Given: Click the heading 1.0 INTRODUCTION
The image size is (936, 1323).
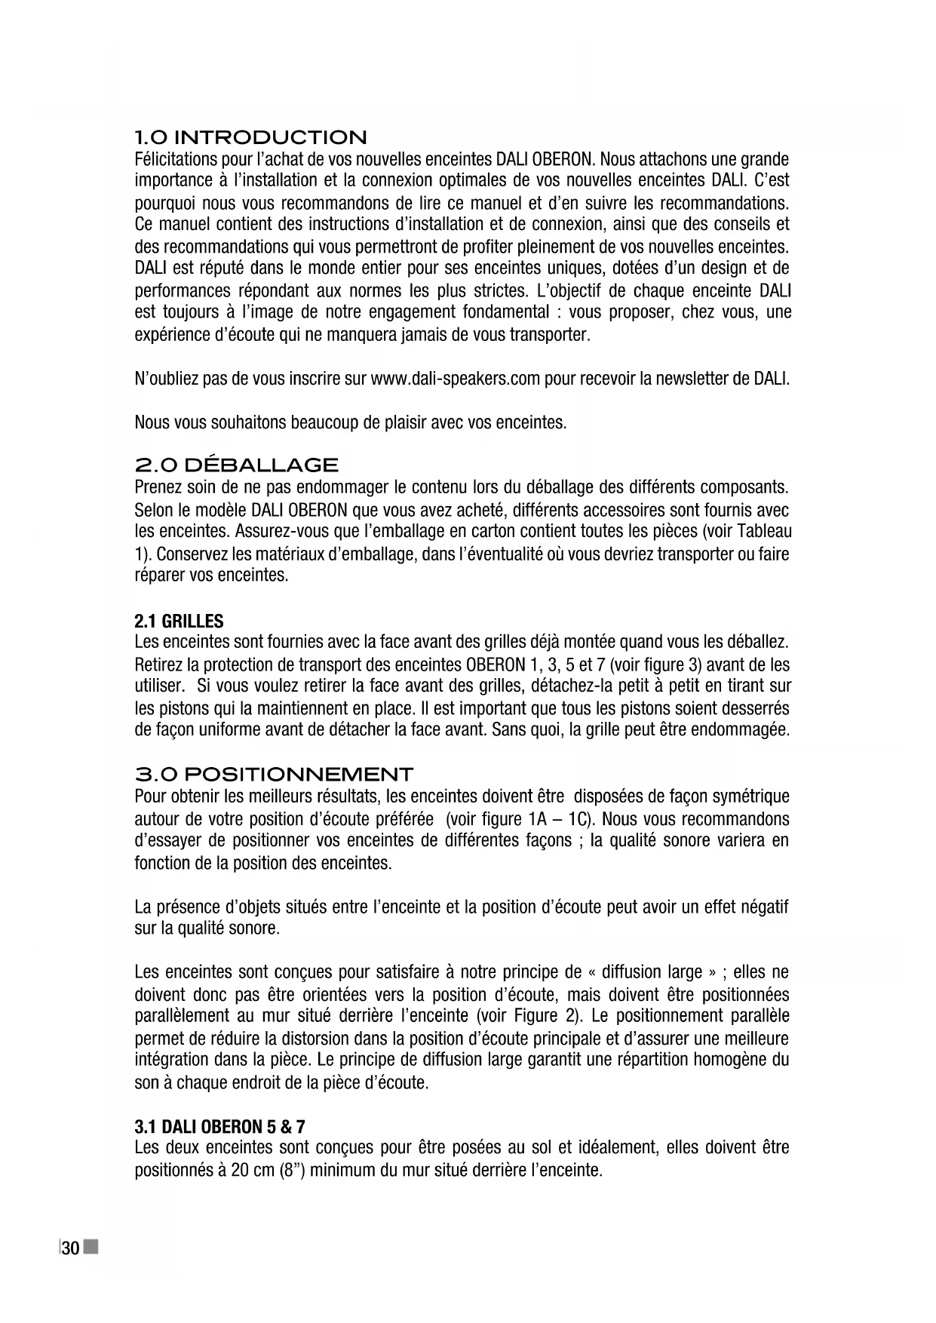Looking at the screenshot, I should click(x=250, y=138).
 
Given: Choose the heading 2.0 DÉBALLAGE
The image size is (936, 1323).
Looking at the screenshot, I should click(x=235, y=465).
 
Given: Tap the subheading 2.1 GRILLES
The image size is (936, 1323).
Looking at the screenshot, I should click(x=179, y=622).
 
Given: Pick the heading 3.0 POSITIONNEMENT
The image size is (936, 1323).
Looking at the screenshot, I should click(x=273, y=775).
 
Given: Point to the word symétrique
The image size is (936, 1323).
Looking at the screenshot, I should click(x=746, y=797).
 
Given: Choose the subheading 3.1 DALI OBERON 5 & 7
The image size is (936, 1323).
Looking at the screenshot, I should click(x=219, y=1127).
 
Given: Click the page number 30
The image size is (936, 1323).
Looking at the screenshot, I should click(x=70, y=1249).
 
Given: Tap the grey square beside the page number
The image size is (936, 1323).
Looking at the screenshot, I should click(x=91, y=1248).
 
